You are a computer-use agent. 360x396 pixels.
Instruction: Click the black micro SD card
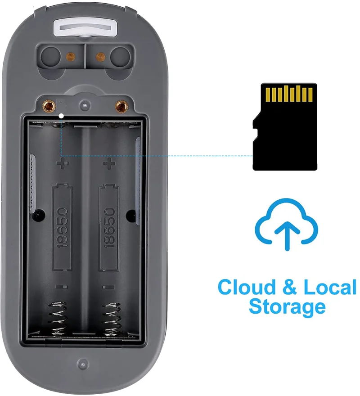click(284, 127)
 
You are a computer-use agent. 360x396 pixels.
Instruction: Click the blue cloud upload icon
click(287, 223)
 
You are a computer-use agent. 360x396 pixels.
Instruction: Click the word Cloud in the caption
click(245, 287)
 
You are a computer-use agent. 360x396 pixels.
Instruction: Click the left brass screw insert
click(48, 107)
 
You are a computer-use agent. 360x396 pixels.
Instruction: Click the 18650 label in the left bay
click(63, 227)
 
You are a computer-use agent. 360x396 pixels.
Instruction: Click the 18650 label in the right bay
click(109, 227)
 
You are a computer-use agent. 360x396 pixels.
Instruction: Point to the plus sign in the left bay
click(62, 162)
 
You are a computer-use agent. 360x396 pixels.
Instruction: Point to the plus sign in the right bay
click(108, 162)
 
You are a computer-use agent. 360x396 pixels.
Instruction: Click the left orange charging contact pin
click(70, 57)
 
